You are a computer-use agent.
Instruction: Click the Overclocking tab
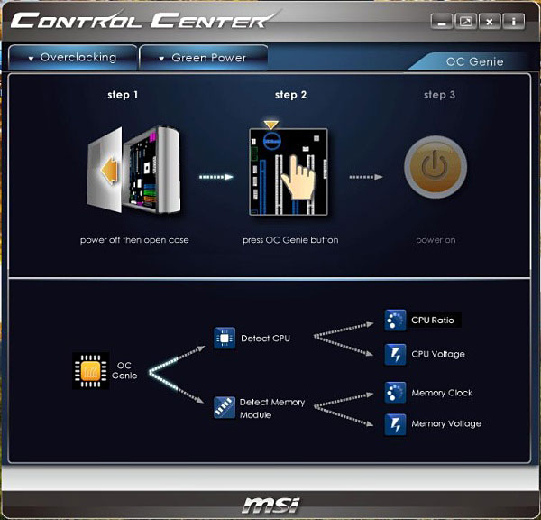pyautogui.click(x=73, y=58)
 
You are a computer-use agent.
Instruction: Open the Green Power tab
pyautogui.click(x=204, y=58)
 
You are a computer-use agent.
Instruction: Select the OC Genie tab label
pyautogui.click(x=474, y=62)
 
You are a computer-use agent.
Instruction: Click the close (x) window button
pyautogui.click(x=489, y=22)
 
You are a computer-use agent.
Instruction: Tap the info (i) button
pyautogui.click(x=513, y=22)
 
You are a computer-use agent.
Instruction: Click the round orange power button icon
pyautogui.click(x=436, y=167)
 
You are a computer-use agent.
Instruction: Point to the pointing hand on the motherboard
pyautogui.click(x=298, y=178)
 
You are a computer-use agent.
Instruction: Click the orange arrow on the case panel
pyautogui.click(x=109, y=172)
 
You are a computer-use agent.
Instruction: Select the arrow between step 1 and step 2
pyautogui.click(x=216, y=177)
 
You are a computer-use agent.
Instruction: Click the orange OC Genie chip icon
pyautogui.click(x=91, y=371)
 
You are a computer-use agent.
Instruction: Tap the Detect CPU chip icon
pyautogui.click(x=225, y=339)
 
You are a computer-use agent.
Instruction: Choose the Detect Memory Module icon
pyautogui.click(x=225, y=408)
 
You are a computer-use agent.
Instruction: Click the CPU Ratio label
pyautogui.click(x=432, y=320)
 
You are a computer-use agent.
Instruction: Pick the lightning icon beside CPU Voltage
pyautogui.click(x=395, y=354)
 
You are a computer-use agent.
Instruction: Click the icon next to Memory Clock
pyautogui.click(x=395, y=393)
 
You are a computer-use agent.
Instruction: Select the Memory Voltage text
pyautogui.click(x=446, y=424)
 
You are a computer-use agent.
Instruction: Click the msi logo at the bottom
pyautogui.click(x=271, y=506)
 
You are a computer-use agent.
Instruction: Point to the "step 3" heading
pyautogui.click(x=439, y=95)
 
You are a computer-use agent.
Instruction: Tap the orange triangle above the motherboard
pyautogui.click(x=270, y=125)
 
